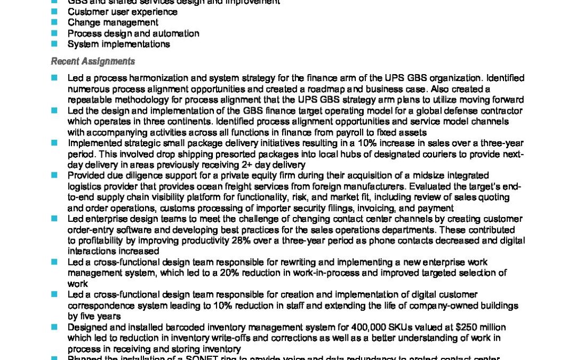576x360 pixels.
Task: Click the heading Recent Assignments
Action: (93, 61)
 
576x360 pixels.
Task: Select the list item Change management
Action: (113, 22)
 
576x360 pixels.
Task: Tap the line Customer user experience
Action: (123, 12)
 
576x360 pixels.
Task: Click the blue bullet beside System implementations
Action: (54, 44)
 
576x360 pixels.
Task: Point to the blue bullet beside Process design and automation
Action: (54, 33)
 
